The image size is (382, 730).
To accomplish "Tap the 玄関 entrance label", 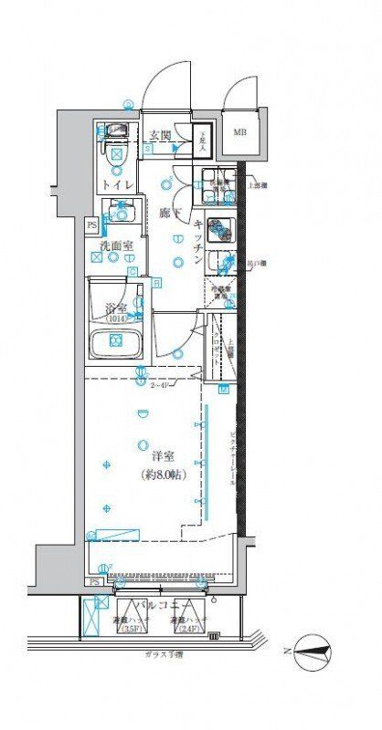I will (x=161, y=136).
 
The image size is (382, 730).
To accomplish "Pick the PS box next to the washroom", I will (x=91, y=224).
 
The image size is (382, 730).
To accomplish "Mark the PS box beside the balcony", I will (x=95, y=581).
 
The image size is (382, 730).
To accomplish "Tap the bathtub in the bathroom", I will (x=116, y=342).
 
